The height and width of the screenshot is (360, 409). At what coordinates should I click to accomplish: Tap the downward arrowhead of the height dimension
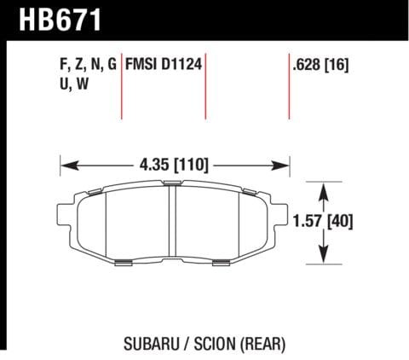(x=325, y=255)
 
